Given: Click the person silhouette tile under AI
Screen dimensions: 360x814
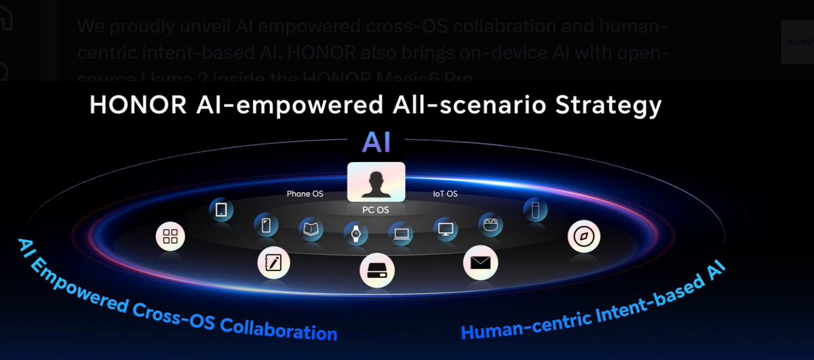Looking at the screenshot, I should click(x=376, y=182).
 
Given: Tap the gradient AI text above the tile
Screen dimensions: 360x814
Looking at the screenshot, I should click(x=375, y=142).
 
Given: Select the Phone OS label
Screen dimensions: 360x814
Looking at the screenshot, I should click(x=305, y=194).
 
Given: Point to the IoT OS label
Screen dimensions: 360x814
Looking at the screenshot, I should click(x=445, y=194).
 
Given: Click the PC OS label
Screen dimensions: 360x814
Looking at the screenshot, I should click(x=375, y=209).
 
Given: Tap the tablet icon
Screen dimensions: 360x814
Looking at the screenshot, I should click(x=220, y=211).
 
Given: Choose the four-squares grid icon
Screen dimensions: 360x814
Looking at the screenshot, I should click(x=171, y=237).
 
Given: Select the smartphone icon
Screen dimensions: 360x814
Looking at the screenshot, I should click(x=266, y=226).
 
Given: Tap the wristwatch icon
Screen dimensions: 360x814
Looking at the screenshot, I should click(x=355, y=234).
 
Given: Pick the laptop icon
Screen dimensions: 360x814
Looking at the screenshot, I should click(x=401, y=234).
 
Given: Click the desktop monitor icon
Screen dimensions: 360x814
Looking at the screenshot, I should click(x=446, y=229).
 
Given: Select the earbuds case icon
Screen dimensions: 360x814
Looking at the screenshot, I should click(x=490, y=224).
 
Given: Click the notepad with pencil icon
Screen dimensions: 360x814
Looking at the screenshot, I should click(x=274, y=263).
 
